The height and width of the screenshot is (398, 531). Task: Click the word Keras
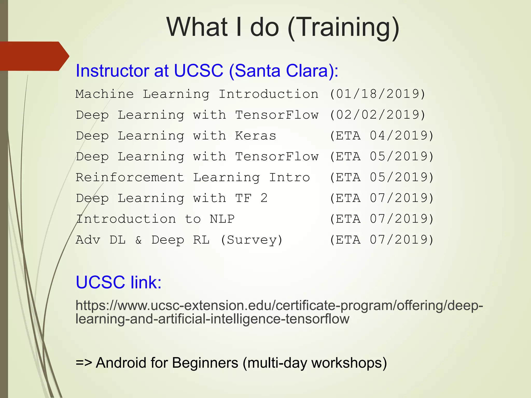[255, 136]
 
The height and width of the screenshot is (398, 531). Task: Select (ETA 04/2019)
[381, 136]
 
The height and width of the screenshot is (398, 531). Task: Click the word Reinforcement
[130, 177]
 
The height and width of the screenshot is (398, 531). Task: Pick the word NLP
[222, 219]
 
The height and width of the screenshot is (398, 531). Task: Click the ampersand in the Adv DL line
[139, 240]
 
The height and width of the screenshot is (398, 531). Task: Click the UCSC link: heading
[118, 282]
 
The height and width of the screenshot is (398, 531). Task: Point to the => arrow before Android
[83, 363]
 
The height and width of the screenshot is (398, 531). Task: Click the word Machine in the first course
[105, 94]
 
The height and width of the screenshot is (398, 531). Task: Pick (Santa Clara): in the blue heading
[283, 70]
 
